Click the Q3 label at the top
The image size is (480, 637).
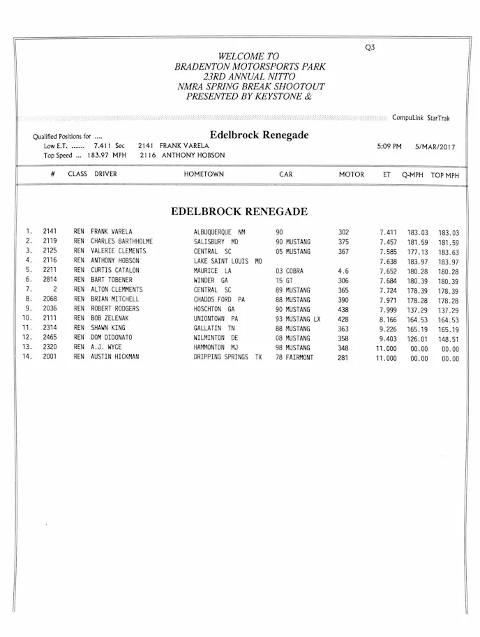point(370,47)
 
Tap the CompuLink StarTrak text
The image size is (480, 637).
point(421,119)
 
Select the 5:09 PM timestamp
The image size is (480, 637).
point(389,147)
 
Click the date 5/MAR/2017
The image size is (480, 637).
point(435,147)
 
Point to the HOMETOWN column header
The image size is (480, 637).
point(204,174)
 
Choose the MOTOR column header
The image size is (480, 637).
point(351,174)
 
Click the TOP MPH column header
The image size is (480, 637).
point(445,175)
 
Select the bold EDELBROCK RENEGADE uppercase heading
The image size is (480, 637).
point(239,211)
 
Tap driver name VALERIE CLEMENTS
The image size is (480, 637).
point(119,251)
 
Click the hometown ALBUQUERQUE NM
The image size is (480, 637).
point(219,232)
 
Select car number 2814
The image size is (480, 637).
point(50,280)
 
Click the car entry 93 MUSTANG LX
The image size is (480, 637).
point(298,319)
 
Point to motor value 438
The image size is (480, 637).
point(343,309)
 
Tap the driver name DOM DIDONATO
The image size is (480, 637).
point(116,338)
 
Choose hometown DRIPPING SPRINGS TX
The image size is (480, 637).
point(227,357)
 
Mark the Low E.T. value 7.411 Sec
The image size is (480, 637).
point(108,146)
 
